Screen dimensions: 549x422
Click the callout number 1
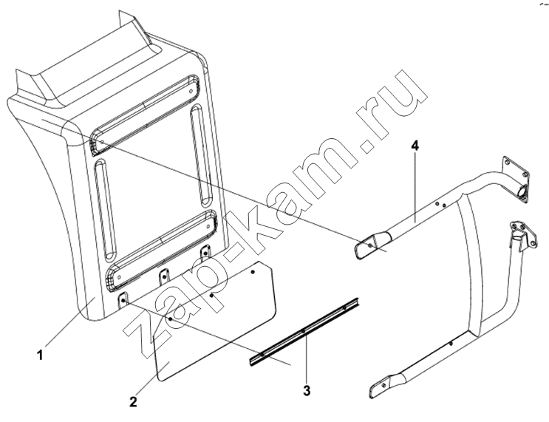tap(40, 355)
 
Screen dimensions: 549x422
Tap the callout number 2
tap(133, 402)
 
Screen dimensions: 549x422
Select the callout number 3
tap(307, 390)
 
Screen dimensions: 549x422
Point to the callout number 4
tap(415, 146)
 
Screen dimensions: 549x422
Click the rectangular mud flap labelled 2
tap(215, 321)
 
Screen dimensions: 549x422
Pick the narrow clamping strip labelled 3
tap(305, 331)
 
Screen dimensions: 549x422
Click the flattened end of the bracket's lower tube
tap(381, 387)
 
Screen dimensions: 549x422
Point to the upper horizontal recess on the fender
tap(146, 114)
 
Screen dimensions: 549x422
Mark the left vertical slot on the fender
tap(104, 210)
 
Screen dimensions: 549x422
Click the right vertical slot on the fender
tap(201, 157)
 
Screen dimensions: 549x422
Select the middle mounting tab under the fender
tap(164, 276)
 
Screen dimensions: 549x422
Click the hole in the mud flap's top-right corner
tap(253, 271)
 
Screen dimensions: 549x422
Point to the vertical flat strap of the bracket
tap(475, 270)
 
